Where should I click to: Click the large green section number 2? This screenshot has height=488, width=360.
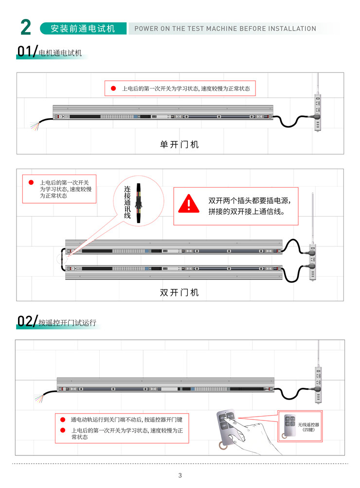tap(26, 27)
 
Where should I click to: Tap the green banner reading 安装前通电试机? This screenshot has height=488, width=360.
tap(83, 28)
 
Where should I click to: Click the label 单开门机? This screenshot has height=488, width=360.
tap(180, 144)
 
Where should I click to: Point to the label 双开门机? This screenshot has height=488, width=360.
tap(180, 293)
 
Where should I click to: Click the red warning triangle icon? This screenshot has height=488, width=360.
tap(189, 204)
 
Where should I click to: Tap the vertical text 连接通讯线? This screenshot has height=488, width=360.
tap(127, 202)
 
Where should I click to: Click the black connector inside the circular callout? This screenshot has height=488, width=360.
tap(139, 203)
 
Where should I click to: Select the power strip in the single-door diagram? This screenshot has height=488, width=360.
tap(318, 113)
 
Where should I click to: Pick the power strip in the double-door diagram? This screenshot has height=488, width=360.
tap(312, 261)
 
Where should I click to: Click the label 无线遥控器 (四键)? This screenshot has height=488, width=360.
tap(308, 427)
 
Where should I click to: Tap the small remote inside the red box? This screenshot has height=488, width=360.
tap(289, 426)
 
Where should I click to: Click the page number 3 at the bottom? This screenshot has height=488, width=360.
tap(180, 475)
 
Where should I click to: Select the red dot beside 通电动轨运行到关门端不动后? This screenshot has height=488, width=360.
tap(63, 419)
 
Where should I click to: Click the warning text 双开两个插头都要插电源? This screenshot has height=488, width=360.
tap(250, 201)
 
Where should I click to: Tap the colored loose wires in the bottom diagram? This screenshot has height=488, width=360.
tap(39, 398)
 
